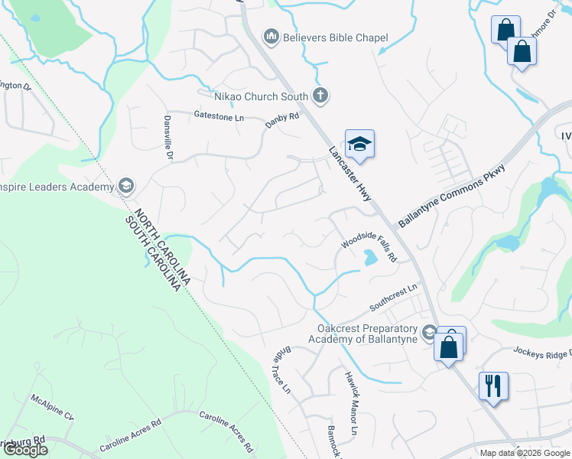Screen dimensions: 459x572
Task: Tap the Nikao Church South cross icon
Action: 321,96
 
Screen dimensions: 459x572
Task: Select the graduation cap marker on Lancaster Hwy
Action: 359,144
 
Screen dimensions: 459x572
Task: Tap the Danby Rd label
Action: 282,120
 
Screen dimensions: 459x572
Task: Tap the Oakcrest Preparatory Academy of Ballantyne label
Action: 363,334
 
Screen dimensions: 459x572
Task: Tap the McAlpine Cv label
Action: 52,407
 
